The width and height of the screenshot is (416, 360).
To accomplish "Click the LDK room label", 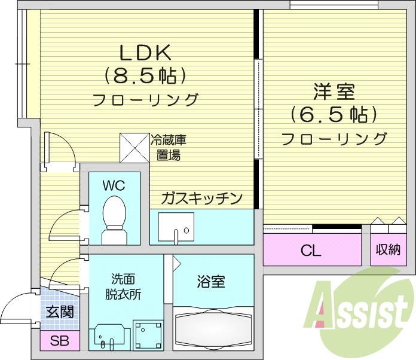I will coord(146,53).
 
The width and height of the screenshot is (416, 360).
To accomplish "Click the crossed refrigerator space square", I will coord(134,147).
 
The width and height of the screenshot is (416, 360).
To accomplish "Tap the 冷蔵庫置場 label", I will coord(168,148).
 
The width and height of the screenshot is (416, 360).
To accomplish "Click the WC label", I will coord(114,185).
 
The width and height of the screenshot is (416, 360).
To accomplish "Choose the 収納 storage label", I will coord(388,251).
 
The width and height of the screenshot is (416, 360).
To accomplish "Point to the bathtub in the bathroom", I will coord(213,330).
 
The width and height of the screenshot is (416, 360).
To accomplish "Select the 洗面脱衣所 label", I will coord(124,287).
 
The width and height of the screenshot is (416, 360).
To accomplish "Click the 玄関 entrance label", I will coord(60,312).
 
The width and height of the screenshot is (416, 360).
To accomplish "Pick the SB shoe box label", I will coord(59,341).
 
